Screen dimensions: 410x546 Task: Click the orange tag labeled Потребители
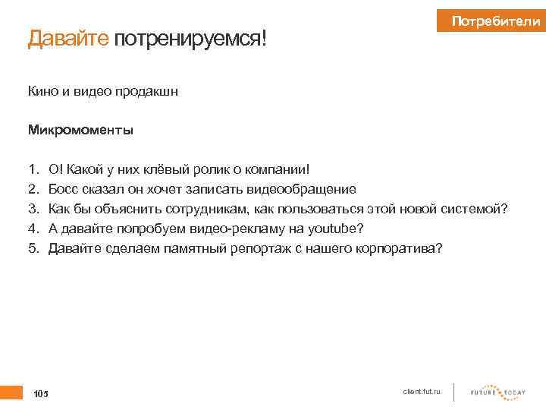pyautogui.click(x=493, y=22)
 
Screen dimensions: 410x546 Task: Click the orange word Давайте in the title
pyautogui.click(x=69, y=39)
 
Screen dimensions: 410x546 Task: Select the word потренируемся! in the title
pyautogui.click(x=190, y=39)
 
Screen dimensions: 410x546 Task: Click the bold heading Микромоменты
pyautogui.click(x=80, y=130)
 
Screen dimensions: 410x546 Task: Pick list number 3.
pyautogui.click(x=33, y=208)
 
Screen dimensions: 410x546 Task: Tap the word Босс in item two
pyautogui.click(x=63, y=188)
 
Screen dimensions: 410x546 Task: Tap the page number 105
pyautogui.click(x=40, y=394)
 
